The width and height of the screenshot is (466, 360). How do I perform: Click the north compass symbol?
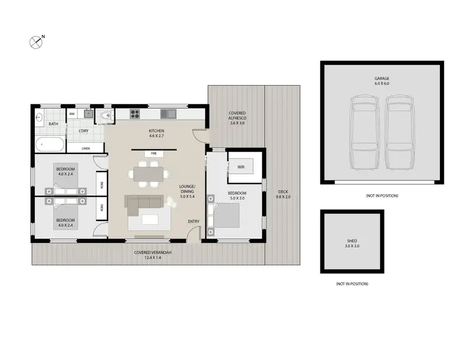point(36,42)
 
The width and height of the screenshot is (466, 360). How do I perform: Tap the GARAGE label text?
point(381,79)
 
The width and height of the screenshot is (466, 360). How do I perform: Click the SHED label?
point(352,241)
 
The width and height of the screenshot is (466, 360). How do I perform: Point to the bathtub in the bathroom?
point(50,145)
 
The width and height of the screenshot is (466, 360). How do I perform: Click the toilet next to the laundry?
point(107,115)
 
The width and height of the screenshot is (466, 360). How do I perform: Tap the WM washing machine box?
point(71,114)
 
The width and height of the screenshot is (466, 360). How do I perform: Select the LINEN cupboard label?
point(85,148)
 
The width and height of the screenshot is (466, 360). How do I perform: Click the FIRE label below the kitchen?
point(154,153)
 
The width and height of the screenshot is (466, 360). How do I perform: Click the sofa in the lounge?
point(147,202)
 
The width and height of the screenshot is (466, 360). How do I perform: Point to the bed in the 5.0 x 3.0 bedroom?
point(227,215)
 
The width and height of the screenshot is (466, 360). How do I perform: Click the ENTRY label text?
point(194,222)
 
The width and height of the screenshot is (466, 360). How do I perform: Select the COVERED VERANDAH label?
point(153,254)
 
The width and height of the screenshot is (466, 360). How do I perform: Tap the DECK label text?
point(283,194)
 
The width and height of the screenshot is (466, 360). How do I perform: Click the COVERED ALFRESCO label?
point(237,116)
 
